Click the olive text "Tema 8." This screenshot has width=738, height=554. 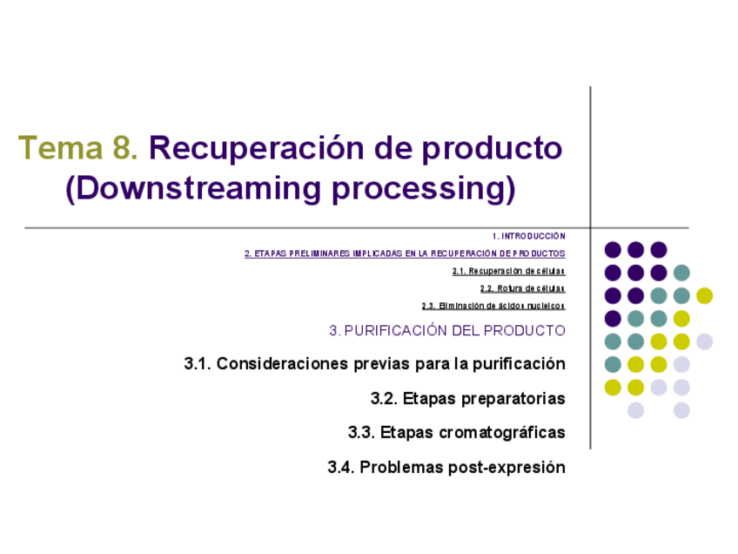(x=77, y=148)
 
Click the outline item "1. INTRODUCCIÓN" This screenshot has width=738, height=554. (x=528, y=236)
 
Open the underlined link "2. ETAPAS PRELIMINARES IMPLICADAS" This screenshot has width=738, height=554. (x=405, y=253)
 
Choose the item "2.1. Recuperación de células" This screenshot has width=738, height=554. (x=508, y=271)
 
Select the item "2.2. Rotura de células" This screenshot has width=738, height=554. (x=522, y=288)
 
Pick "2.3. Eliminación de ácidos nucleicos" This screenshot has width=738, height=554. (x=493, y=306)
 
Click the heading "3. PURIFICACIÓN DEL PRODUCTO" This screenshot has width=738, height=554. (x=447, y=330)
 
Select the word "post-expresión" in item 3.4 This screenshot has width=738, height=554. (x=507, y=467)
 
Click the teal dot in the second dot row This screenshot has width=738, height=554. (x=681, y=273)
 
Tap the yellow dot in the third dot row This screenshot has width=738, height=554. (x=704, y=295)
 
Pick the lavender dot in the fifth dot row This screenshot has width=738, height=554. (x=704, y=341)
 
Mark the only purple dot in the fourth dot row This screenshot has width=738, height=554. (x=613, y=319)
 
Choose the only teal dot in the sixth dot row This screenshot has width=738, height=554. (x=613, y=364)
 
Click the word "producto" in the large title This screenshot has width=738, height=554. (x=492, y=148)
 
